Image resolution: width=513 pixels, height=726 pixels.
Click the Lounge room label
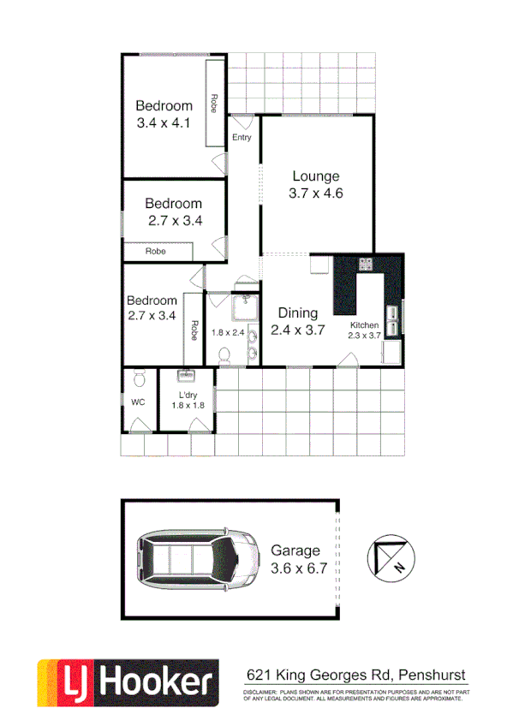[316, 177]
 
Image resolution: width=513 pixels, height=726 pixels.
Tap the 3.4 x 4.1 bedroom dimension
[163, 122]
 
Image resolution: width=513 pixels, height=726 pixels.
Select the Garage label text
[295, 550]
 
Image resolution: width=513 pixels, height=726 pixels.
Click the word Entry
[242, 137]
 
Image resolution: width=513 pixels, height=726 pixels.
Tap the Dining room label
[297, 313]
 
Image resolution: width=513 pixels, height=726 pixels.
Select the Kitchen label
[365, 325]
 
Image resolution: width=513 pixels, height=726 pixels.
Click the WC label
[138, 401]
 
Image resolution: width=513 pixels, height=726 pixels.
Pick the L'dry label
[188, 394]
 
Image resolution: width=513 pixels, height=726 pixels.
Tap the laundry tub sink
[187, 375]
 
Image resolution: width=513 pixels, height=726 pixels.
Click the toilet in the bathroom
[225, 354]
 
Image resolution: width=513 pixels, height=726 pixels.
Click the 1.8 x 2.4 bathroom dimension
[229, 332]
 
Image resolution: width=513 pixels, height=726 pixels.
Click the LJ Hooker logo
[125, 681]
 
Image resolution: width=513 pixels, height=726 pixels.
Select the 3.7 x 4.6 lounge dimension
[316, 193]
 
